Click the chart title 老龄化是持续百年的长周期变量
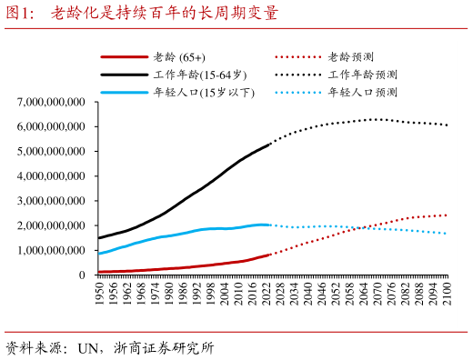click(164, 14)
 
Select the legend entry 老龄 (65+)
click(179, 57)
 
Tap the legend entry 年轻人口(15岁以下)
click(203, 92)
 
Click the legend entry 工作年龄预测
click(362, 75)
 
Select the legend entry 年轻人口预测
click(362, 92)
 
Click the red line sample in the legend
click(125, 57)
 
